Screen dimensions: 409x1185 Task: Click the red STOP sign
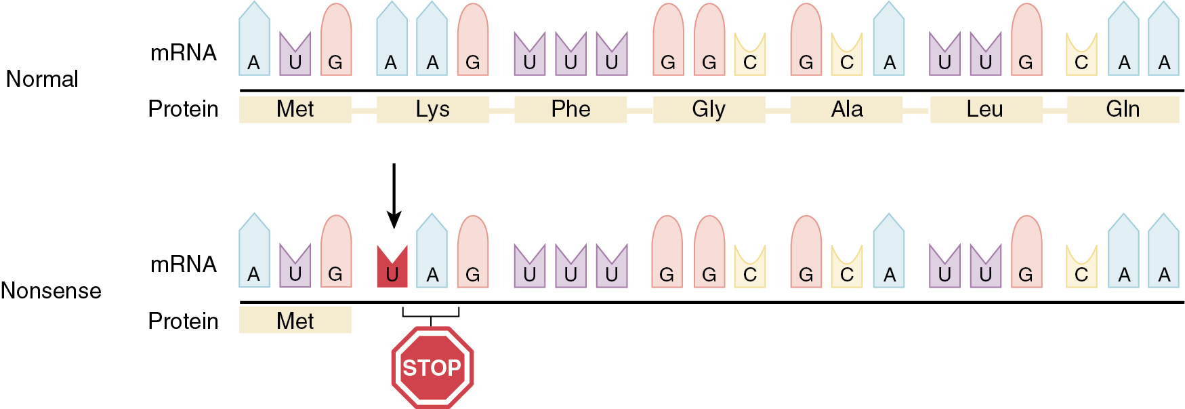coord(432,367)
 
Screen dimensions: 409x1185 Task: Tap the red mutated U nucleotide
coord(392,267)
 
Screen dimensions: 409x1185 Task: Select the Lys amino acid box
coord(432,109)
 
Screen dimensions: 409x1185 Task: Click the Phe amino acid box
coord(570,109)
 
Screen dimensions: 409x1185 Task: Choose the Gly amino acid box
coord(709,109)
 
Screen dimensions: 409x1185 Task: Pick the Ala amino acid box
coord(846,109)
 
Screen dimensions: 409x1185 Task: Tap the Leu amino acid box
coord(985,109)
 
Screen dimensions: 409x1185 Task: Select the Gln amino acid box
coord(1123,109)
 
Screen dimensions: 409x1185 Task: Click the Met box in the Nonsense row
coord(295,320)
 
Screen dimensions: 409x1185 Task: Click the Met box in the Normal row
coord(295,109)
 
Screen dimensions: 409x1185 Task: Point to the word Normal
coord(42,79)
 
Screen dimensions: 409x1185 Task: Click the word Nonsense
coord(51,291)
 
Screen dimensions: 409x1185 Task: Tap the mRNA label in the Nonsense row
coord(183,264)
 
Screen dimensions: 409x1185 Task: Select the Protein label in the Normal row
coord(183,109)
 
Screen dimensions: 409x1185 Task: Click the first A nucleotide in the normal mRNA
coord(254,41)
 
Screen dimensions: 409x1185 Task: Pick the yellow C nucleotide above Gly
coord(750,56)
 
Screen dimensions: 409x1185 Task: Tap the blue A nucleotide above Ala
coord(889,41)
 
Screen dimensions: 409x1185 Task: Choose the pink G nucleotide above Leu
coord(1026,41)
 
